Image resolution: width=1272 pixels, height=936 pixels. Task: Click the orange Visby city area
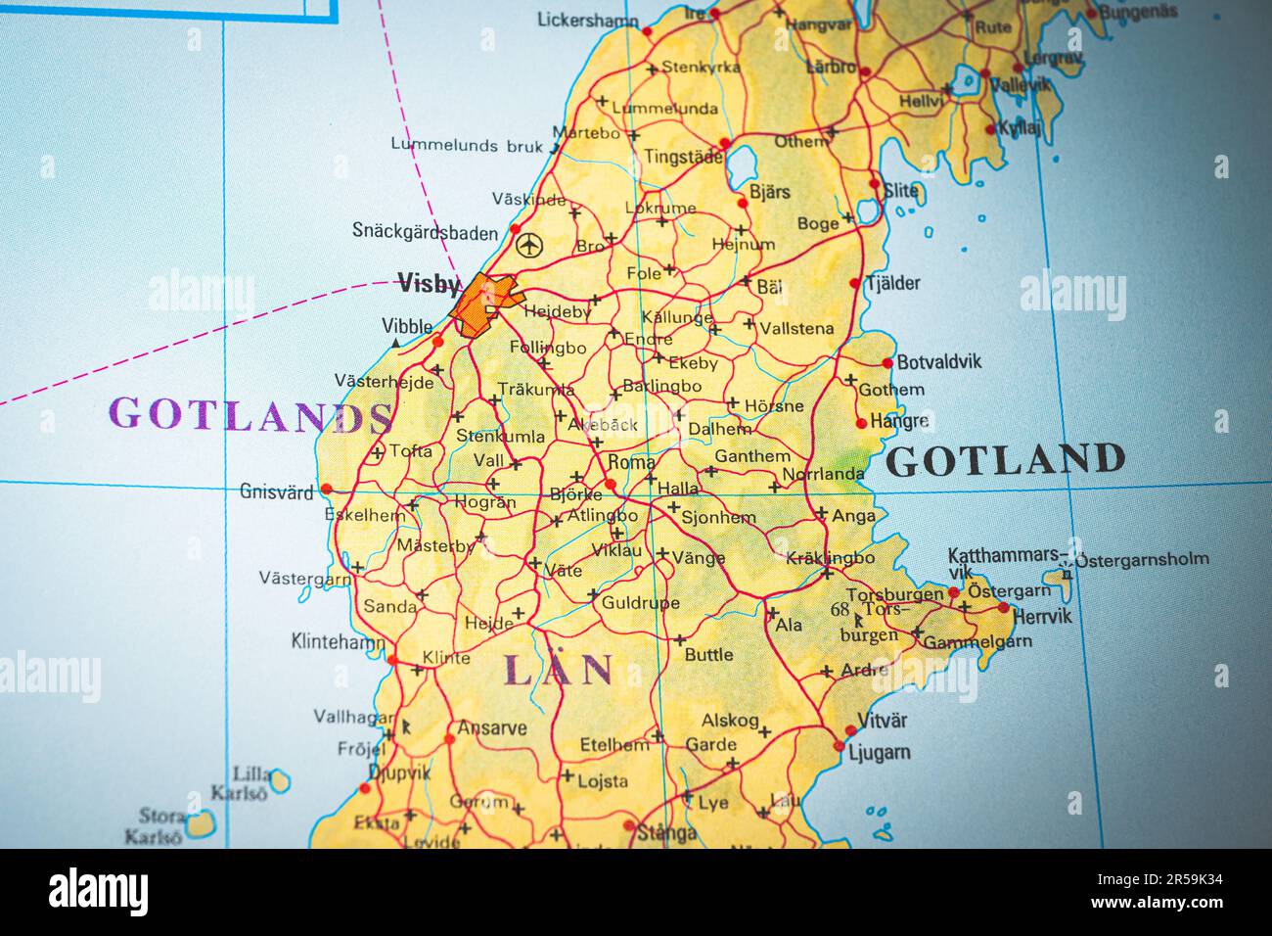483,304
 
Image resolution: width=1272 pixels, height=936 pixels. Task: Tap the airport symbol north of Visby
528,245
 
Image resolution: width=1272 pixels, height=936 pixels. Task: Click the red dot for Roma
611,484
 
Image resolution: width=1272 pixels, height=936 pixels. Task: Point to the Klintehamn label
338,642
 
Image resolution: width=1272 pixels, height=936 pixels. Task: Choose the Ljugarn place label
879,753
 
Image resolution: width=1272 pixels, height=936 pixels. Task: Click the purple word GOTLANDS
252,415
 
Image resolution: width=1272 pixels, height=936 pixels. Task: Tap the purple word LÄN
558,671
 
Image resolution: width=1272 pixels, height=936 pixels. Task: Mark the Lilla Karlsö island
279,780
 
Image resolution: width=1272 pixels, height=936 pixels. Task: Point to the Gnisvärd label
276,491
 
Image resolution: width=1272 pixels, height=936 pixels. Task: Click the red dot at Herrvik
1003,608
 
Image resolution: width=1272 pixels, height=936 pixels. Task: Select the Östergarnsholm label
1142,560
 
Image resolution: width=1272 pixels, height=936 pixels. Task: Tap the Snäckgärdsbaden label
425,231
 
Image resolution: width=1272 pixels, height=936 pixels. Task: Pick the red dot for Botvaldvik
887,363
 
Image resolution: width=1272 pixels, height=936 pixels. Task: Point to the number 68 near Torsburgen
840,609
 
